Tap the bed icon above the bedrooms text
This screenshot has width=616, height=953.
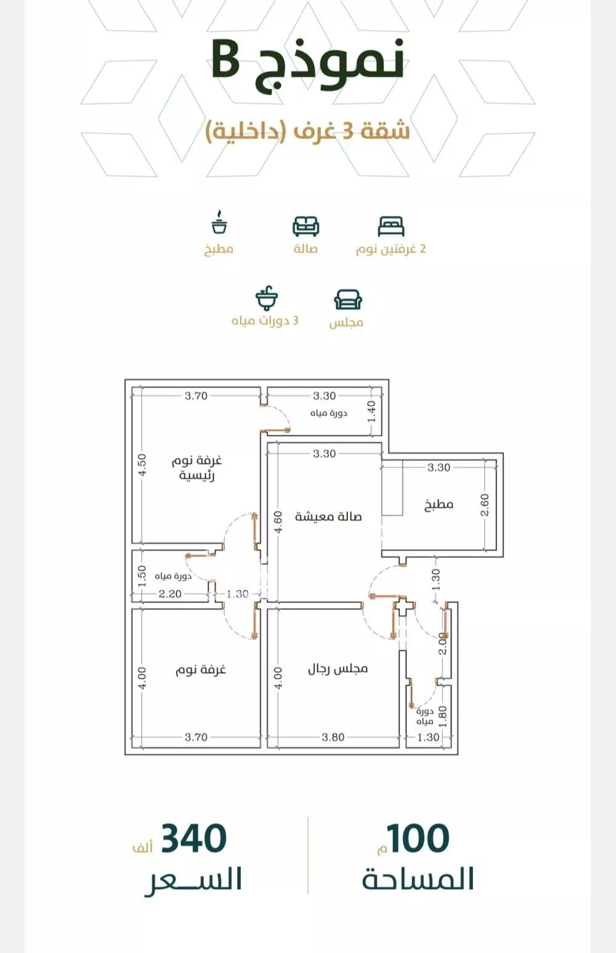(391, 226)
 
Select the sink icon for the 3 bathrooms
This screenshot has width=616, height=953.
(267, 298)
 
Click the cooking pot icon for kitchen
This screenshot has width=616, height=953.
(219, 222)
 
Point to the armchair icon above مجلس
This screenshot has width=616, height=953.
(348, 300)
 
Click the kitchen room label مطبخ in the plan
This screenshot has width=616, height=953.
(439, 505)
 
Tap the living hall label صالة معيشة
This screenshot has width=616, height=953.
(328, 517)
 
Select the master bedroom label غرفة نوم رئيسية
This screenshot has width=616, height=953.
(197, 468)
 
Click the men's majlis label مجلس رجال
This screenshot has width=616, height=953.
(338, 669)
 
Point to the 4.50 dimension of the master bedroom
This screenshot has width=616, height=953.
(143, 465)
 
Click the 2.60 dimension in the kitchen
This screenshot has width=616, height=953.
(485, 505)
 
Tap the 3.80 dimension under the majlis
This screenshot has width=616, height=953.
(333, 737)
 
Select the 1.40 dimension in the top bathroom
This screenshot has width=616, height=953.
(371, 412)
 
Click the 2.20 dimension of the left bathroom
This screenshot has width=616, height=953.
(170, 593)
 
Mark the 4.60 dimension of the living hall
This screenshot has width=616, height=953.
(278, 522)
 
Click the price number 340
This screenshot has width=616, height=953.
(193, 838)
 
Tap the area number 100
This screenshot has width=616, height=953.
(418, 838)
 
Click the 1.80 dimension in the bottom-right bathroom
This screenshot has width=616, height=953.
(443, 717)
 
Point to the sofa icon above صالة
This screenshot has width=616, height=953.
(306, 226)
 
